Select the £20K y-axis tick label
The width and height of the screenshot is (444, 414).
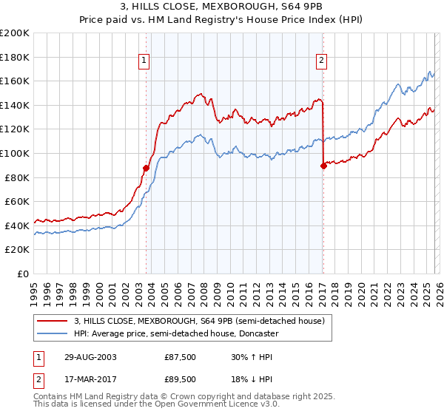point(17,249)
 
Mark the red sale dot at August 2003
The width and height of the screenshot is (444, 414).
point(147,168)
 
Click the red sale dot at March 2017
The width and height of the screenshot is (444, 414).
point(323,166)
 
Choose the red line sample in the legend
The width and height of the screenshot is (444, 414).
point(53,321)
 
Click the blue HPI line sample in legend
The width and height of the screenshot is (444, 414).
point(53,333)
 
